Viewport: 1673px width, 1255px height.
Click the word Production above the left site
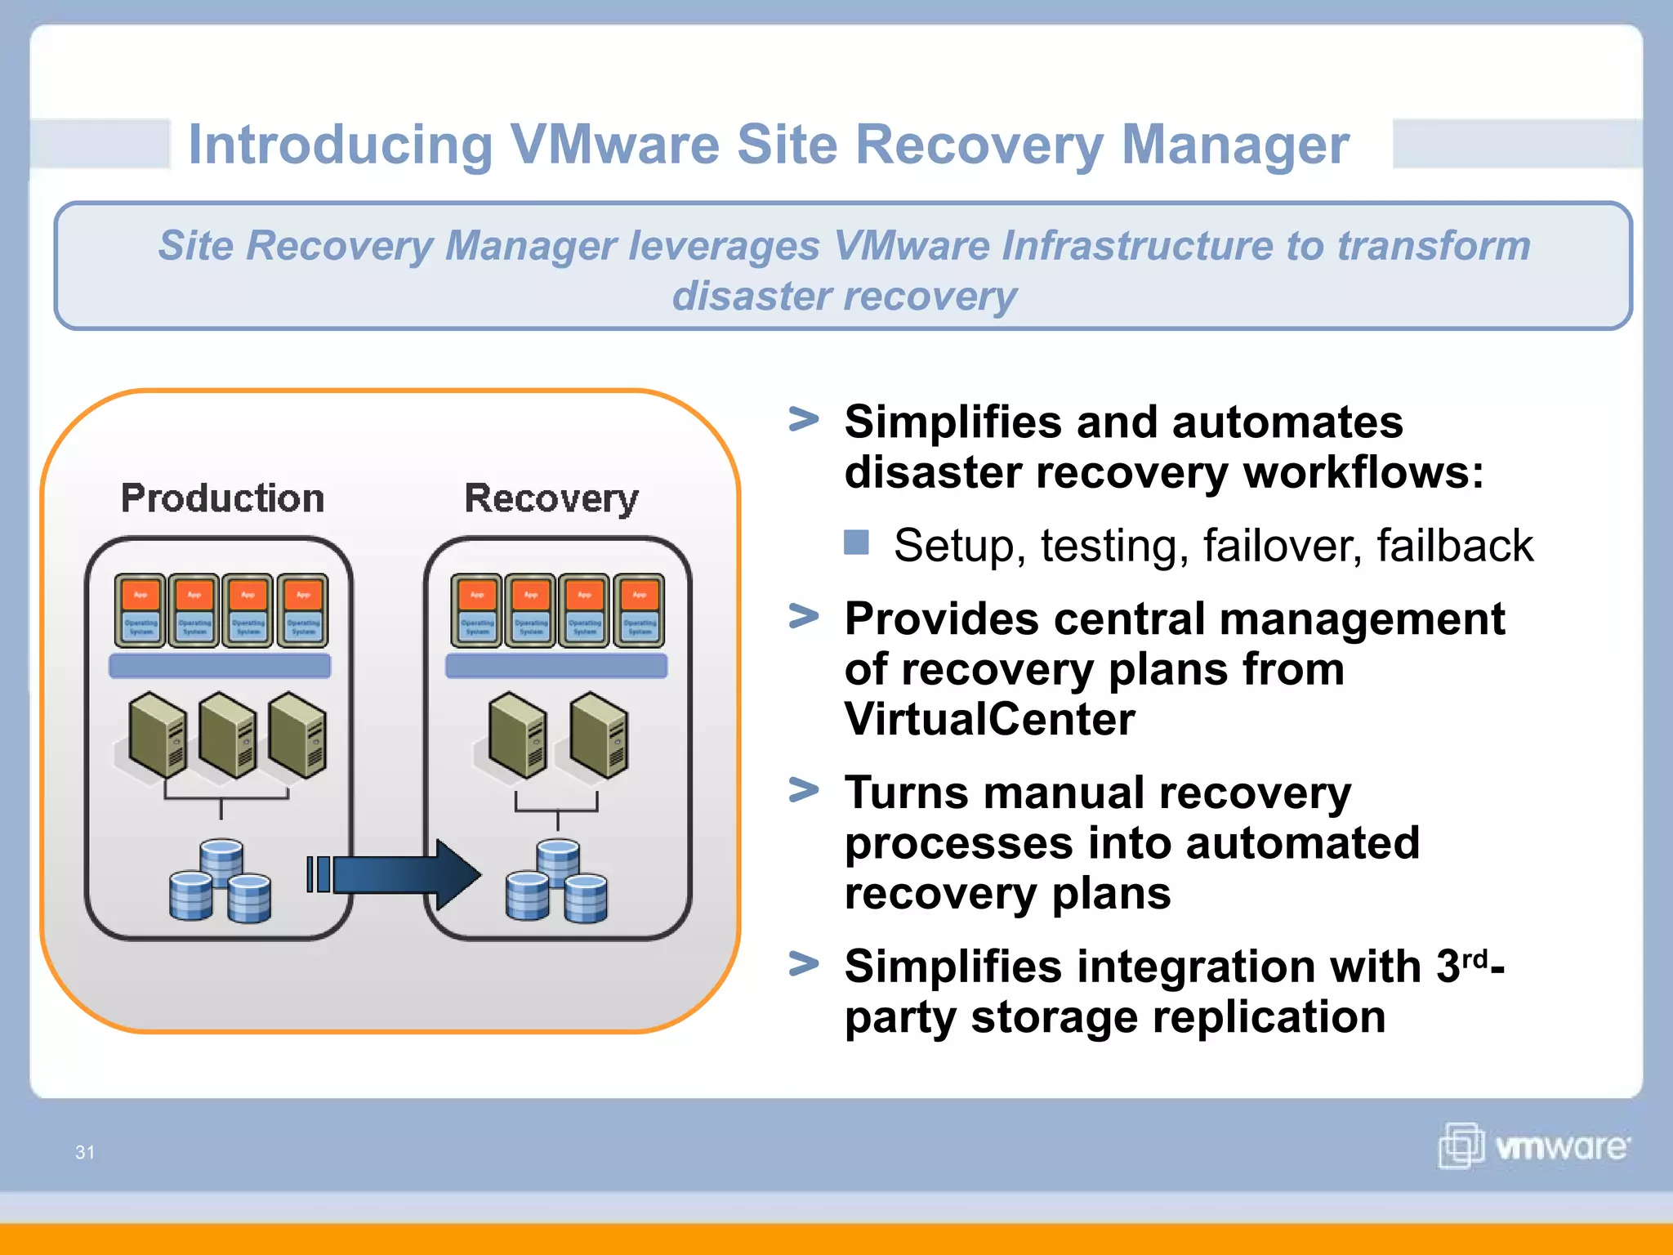pyautogui.click(x=222, y=498)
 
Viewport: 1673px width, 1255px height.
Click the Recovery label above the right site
pyautogui.click(x=551, y=498)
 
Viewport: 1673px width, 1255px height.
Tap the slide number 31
pyautogui.click(x=85, y=1152)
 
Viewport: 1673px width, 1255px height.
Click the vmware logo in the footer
pyautogui.click(x=1532, y=1146)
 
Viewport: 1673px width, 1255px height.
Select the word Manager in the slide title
pyautogui.click(x=1234, y=145)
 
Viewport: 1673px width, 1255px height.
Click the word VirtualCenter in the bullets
pyautogui.click(x=989, y=719)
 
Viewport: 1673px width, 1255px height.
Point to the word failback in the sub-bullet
pyautogui.click(x=1454, y=546)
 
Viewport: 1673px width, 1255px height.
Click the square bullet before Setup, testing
pyautogui.click(x=856, y=543)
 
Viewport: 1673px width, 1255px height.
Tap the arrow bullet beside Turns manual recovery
pyautogui.click(x=804, y=790)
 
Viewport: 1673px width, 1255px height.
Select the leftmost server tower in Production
pyautogui.click(x=158, y=734)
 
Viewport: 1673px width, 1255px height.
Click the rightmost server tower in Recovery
pyautogui.click(x=600, y=734)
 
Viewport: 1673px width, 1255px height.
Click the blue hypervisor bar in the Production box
pyautogui.click(x=220, y=666)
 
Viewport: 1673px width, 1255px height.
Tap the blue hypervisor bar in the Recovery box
pyautogui.click(x=556, y=666)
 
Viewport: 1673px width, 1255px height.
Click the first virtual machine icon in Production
pyautogui.click(x=141, y=610)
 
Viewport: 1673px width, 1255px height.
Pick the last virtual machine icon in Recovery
pyautogui.click(x=639, y=610)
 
